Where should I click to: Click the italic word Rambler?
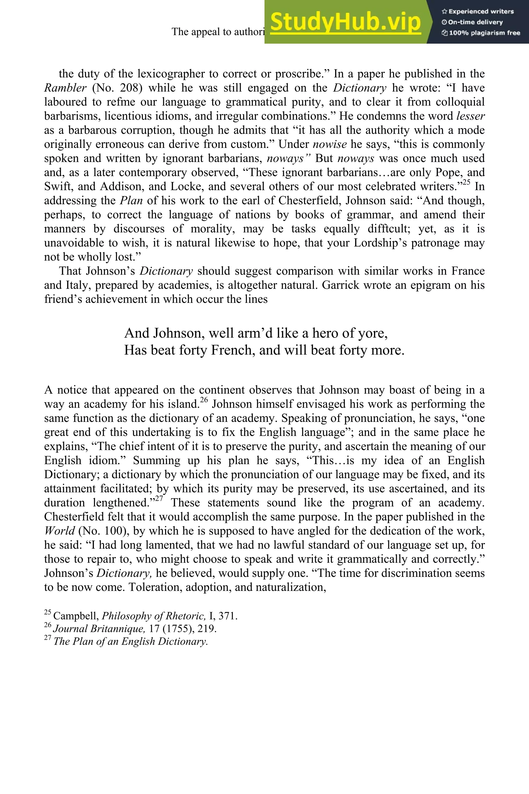pos(65,88)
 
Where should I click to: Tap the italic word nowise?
pos(330,144)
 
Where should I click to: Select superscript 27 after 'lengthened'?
pos(159,499)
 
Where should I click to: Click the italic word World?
pos(59,531)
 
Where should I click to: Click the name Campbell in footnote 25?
pos(76,616)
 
